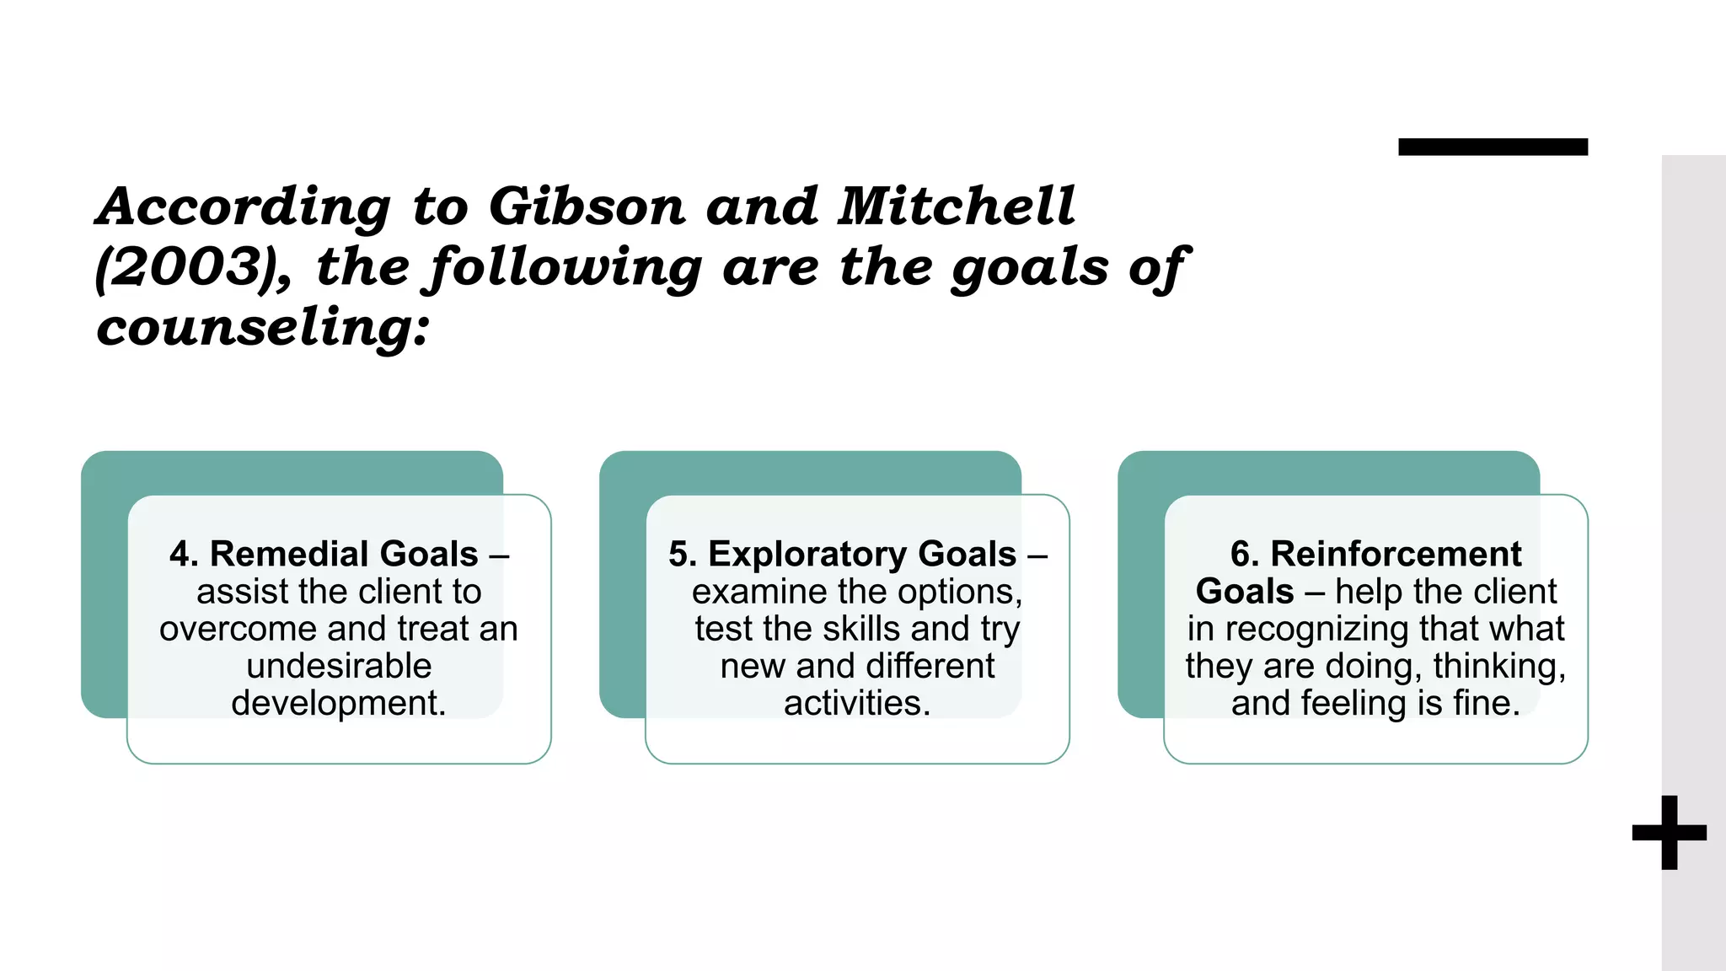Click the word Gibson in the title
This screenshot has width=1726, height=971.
(x=587, y=207)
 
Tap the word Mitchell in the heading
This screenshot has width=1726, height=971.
(x=956, y=206)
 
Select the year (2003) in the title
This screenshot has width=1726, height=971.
(x=192, y=268)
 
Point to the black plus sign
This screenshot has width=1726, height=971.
(x=1669, y=833)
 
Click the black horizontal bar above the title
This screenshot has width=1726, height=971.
(x=1493, y=147)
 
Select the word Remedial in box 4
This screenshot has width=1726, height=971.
(x=344, y=555)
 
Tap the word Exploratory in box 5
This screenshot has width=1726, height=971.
(x=862, y=555)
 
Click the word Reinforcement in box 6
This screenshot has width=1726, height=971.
(x=1396, y=555)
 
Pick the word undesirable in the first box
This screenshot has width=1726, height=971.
(x=339, y=666)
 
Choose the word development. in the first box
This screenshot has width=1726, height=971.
(x=339, y=703)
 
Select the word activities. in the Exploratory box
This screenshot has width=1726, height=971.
(x=857, y=703)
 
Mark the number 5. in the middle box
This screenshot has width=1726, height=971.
(x=683, y=555)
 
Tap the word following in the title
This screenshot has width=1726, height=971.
(x=563, y=268)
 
